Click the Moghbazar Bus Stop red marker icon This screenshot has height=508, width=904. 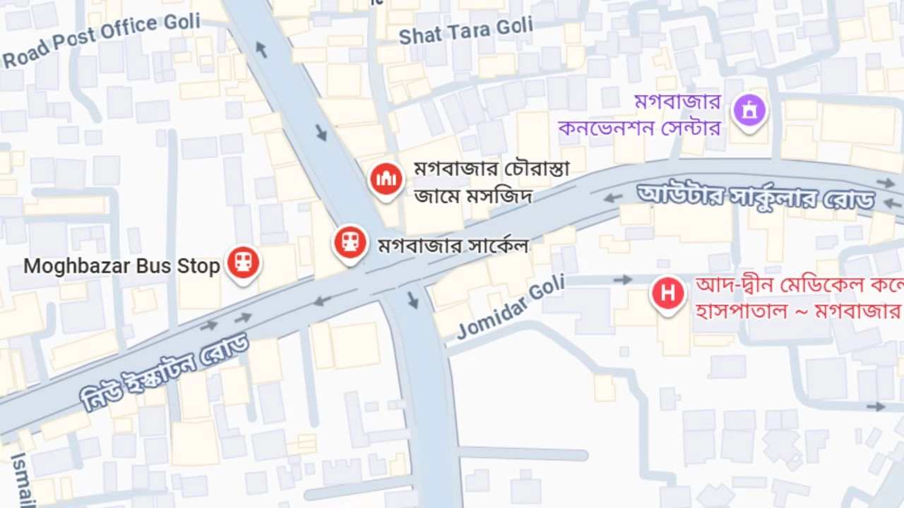[244, 262]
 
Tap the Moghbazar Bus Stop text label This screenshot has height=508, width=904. [121, 267]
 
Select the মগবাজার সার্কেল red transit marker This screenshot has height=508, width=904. [350, 242]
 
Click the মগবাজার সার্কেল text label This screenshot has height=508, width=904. [453, 246]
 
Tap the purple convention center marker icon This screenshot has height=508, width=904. [749, 110]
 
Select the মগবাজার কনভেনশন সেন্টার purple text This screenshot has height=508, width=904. [639, 116]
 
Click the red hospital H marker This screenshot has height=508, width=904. [667, 292]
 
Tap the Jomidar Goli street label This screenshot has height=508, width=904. [511, 307]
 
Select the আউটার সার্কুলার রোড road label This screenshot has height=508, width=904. [756, 196]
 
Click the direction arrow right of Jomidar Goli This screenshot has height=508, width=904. [622, 280]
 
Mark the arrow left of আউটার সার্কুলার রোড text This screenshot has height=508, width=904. [612, 198]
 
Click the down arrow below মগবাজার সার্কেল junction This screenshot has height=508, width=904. [413, 301]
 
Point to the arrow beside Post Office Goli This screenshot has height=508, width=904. [261, 49]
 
